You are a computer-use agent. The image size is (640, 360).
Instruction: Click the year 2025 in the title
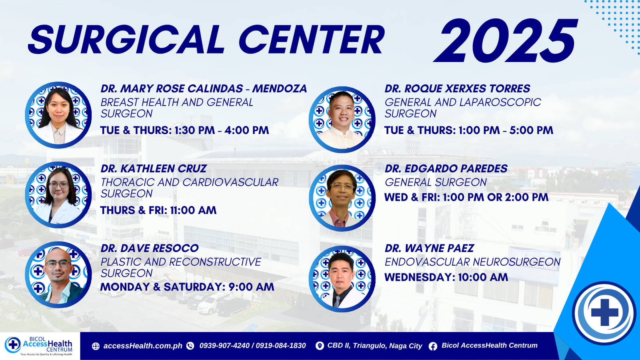(505, 40)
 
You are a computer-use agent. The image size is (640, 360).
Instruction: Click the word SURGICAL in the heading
(126, 40)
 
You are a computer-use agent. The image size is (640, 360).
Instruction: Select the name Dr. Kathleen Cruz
(154, 168)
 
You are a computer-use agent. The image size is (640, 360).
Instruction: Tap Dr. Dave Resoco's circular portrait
(58, 274)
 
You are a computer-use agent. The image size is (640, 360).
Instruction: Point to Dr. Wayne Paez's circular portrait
(342, 279)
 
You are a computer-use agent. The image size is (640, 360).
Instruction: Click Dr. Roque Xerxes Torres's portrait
(342, 120)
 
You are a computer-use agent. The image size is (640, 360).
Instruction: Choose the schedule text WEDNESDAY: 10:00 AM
(446, 277)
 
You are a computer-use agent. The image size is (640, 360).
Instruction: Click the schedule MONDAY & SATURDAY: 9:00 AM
(187, 287)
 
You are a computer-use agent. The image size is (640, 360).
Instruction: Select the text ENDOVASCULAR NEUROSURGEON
(472, 262)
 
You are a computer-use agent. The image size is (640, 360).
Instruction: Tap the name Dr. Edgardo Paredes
(446, 168)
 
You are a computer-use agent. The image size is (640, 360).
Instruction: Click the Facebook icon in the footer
(433, 346)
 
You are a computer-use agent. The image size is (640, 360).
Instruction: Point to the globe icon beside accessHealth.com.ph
(96, 346)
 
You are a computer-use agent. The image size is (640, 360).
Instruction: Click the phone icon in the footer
(190, 346)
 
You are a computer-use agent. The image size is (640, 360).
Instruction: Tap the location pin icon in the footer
(320, 346)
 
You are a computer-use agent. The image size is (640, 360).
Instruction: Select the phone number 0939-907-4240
(224, 346)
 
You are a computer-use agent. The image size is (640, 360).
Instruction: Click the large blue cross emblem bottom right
(604, 313)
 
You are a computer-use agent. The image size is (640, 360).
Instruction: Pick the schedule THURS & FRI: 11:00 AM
(158, 210)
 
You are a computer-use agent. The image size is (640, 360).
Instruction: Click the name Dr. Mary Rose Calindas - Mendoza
(204, 88)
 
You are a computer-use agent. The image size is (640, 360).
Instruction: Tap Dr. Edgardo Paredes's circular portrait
(342, 198)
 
